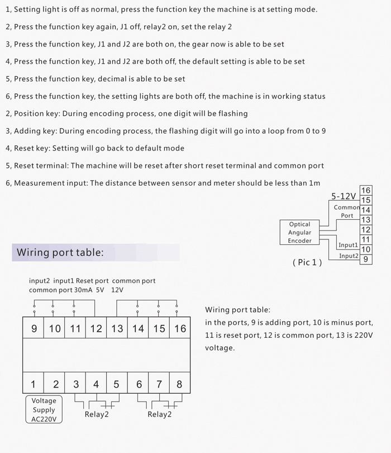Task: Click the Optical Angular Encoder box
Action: point(299,233)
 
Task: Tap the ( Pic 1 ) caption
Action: point(307,262)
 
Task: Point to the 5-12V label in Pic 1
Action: point(344,196)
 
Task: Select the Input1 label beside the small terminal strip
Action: point(348,245)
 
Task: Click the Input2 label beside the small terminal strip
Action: point(349,256)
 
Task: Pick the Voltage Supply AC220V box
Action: point(44,410)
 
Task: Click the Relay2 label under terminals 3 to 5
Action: point(97,414)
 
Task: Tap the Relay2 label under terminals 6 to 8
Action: point(159,414)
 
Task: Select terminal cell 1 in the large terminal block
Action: point(33,384)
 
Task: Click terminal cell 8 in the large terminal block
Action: point(179,384)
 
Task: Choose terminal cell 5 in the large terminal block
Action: point(116,384)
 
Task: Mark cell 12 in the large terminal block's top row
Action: point(96,328)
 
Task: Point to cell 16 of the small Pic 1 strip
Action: point(366,191)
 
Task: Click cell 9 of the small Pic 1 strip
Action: point(366,259)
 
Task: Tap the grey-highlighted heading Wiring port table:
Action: point(60,252)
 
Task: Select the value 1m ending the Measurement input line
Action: point(314,183)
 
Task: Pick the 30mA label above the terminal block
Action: point(84,290)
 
